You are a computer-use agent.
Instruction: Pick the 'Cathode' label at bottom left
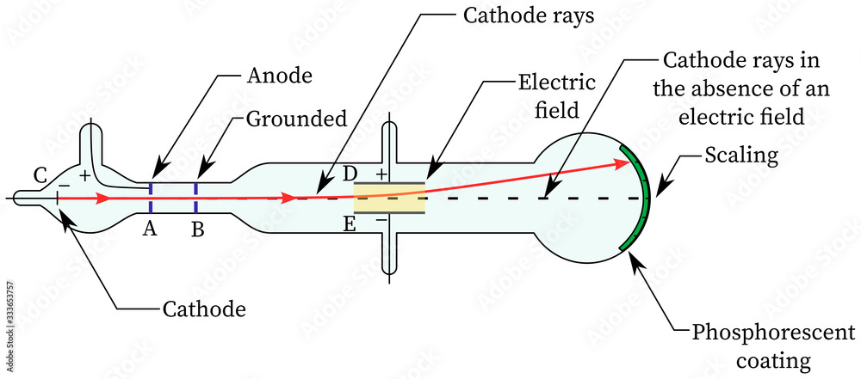(x=204, y=309)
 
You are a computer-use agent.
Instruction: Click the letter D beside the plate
(x=350, y=174)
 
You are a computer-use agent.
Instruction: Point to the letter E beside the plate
(x=350, y=225)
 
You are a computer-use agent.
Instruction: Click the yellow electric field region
(x=391, y=198)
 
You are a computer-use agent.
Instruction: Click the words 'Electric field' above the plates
(x=556, y=95)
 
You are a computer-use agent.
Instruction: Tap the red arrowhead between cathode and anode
(x=102, y=199)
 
